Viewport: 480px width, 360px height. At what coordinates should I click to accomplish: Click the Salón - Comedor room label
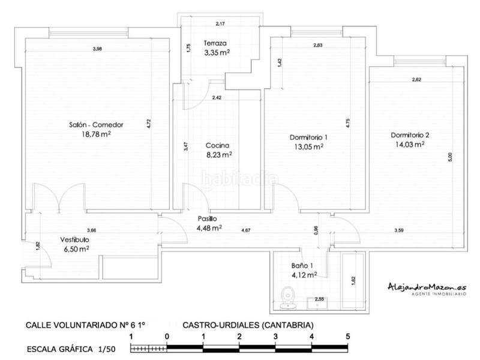pos(95,125)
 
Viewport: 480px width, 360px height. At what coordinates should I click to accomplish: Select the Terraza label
pos(215,43)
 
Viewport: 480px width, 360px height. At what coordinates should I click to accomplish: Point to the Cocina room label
pos(217,145)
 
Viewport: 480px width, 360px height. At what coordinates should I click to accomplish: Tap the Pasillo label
pos(207,219)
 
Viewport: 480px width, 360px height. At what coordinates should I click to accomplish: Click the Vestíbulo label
pos(74,240)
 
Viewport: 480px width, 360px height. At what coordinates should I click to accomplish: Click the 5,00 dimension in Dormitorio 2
pos(450,157)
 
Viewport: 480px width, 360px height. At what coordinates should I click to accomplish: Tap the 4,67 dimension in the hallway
pos(245,230)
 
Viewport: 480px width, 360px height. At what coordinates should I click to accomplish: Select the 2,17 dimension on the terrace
pos(220,23)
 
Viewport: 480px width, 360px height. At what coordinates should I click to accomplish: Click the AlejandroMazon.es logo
pos(427,288)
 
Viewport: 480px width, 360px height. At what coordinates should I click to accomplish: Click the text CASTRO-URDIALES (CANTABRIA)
pos(248,325)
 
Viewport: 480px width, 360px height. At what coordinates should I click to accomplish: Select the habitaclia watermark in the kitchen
pos(240,178)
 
